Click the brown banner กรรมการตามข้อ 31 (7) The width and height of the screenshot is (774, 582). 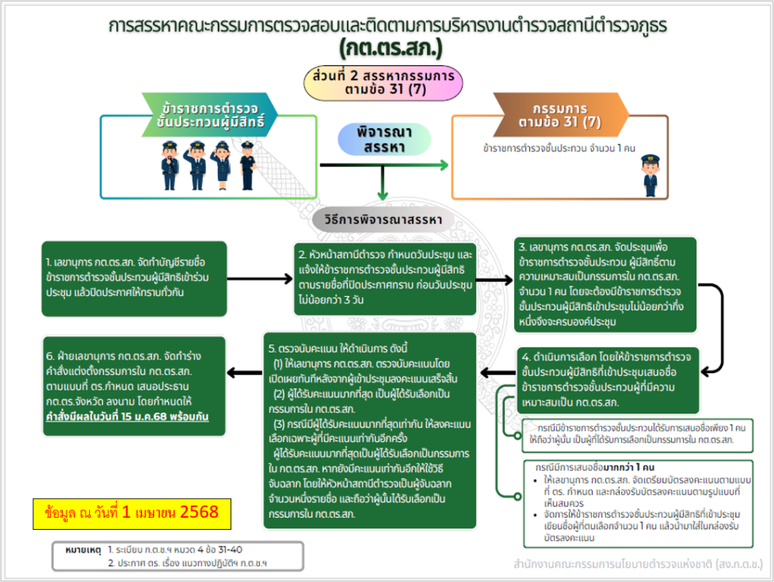tap(560, 112)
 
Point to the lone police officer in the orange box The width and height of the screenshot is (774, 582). tap(649, 175)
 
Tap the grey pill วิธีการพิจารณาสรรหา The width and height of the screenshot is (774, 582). tap(384, 220)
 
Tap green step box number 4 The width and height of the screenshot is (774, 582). tap(618, 378)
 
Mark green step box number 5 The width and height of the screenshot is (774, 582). tap(370, 430)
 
